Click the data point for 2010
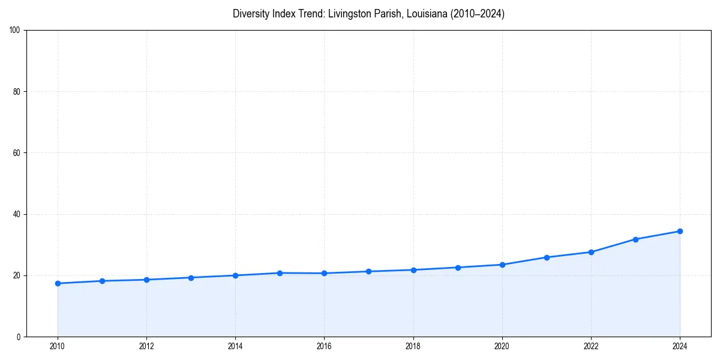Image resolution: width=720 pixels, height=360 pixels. [58, 283]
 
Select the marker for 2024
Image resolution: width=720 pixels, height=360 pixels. [680, 231]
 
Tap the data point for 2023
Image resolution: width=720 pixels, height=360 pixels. [635, 239]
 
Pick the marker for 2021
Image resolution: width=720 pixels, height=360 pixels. [547, 257]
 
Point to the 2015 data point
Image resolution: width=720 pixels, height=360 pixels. [280, 273]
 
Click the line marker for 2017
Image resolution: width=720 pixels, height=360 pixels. [368, 271]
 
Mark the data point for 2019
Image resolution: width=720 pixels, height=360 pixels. [458, 268]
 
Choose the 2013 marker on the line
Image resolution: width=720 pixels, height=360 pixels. [191, 278]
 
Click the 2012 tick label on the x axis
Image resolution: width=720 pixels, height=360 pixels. [146, 346]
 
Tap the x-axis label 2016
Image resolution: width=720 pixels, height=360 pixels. [324, 346]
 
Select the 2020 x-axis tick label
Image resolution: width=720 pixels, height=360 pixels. [502, 346]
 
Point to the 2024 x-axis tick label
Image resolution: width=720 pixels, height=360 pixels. [680, 346]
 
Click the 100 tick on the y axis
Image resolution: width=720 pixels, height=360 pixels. [16, 30]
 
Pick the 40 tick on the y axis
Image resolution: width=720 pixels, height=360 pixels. [17, 214]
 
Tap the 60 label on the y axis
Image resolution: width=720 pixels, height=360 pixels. [17, 153]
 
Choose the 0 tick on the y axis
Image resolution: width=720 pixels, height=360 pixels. [19, 337]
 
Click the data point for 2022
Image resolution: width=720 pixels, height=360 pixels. [591, 252]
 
